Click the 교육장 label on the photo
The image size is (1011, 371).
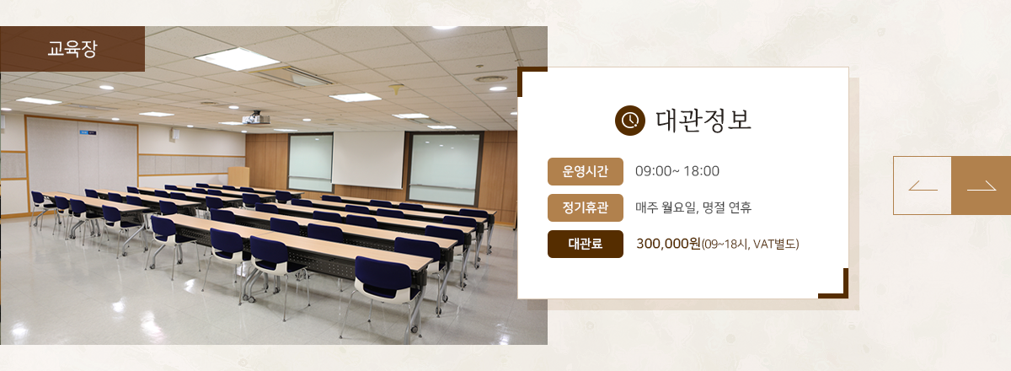coord(72,48)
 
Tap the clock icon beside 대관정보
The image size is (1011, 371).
coord(630,121)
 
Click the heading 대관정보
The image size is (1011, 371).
coord(703,121)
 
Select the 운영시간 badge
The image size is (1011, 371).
coord(586,171)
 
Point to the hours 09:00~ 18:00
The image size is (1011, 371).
coord(677,171)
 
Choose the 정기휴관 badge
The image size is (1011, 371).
coord(586,207)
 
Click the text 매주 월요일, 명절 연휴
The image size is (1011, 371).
coord(693,207)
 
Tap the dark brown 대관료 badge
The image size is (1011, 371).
coord(586,244)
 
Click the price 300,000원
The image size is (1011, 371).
coord(668,244)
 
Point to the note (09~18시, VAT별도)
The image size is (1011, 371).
coord(750,245)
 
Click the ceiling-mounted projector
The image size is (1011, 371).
coord(256,118)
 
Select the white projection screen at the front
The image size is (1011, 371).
coord(368,159)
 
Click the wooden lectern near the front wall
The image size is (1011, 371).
coord(238,177)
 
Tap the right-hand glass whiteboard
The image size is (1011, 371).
coord(445,168)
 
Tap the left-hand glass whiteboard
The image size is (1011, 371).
coord(311,162)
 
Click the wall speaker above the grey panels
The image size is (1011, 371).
coord(175,134)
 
